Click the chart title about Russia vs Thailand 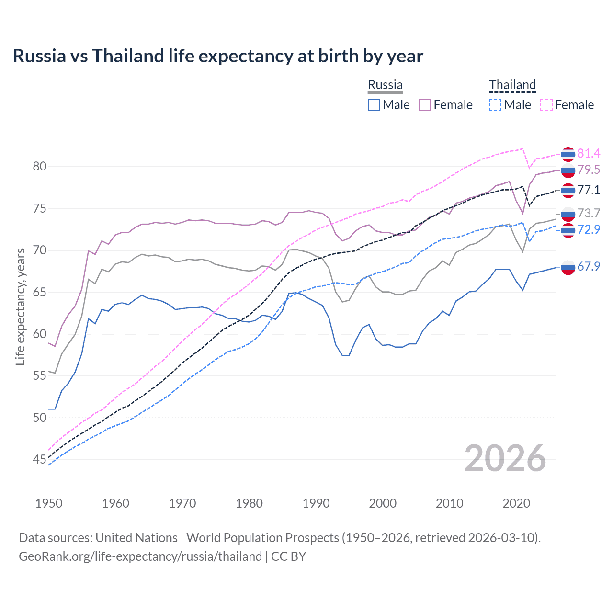point(218,56)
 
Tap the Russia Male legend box point(374,105)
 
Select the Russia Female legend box point(425,105)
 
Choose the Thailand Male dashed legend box point(495,105)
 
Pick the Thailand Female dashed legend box point(546,105)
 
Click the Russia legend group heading point(385,85)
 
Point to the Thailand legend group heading point(512,85)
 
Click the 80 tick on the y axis point(39,167)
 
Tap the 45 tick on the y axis point(39,460)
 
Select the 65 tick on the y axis point(39,292)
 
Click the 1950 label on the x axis point(49,503)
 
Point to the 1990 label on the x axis point(316,503)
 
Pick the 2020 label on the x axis point(516,503)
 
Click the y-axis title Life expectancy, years point(20,306)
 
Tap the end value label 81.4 point(589,153)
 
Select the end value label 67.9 point(589,266)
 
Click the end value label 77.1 point(589,190)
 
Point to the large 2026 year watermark point(505,458)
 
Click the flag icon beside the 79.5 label point(568,170)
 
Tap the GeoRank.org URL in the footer point(140,556)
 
